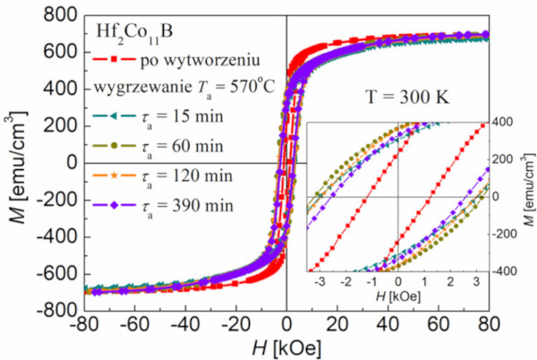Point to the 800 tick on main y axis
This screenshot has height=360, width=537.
click(x=53, y=15)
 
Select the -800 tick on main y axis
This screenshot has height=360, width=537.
click(x=49, y=310)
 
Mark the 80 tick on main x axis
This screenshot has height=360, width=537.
click(x=487, y=324)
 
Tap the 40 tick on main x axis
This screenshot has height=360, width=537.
click(x=387, y=324)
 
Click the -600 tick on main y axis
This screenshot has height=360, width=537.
click(x=49, y=273)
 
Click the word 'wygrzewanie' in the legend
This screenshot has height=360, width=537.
click(x=133, y=90)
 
